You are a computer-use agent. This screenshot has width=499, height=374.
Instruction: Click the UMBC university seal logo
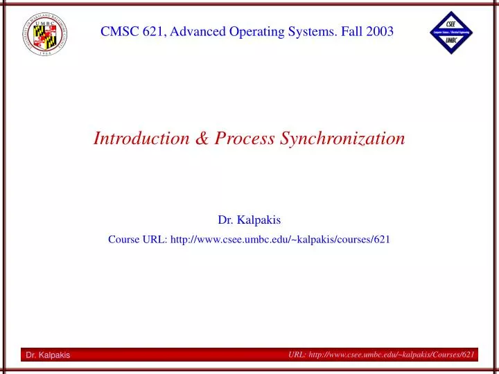(x=43, y=33)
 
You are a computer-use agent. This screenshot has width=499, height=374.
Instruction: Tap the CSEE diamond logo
(x=450, y=33)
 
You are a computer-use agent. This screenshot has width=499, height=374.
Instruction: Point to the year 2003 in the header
(x=380, y=31)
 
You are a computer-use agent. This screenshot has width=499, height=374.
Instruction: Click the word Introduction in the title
(x=141, y=139)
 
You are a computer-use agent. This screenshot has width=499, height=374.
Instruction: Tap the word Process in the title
(x=244, y=139)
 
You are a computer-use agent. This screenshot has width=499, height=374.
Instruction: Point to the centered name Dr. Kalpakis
(x=249, y=220)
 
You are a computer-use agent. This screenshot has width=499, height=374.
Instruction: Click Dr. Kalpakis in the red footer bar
(x=48, y=355)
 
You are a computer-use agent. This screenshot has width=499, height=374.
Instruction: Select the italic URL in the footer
(x=381, y=355)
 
